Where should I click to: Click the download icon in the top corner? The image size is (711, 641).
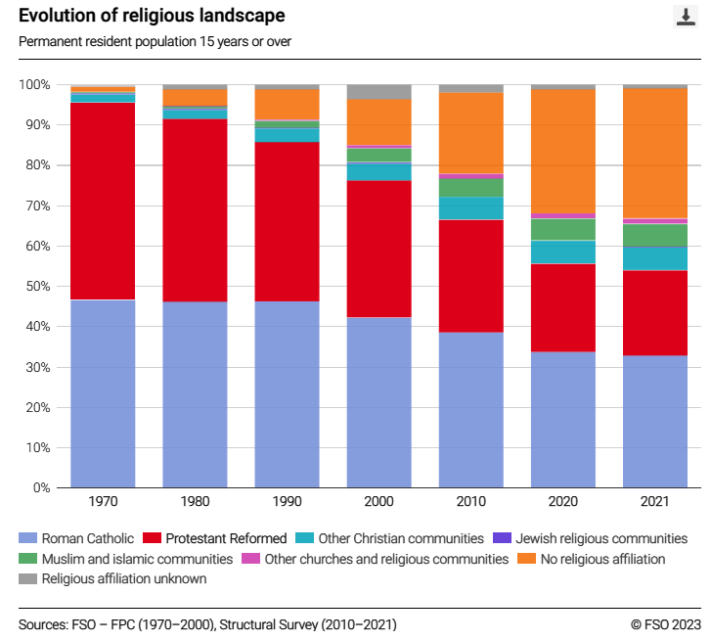click(x=685, y=17)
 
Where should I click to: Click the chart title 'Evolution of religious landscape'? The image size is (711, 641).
click(x=152, y=16)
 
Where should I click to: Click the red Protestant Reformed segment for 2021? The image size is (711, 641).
click(x=655, y=312)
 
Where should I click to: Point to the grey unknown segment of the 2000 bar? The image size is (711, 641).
click(x=379, y=92)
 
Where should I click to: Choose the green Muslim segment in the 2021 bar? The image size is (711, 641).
click(x=655, y=235)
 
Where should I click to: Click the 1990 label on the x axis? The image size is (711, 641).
click(x=287, y=501)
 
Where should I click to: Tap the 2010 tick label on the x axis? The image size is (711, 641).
click(x=471, y=501)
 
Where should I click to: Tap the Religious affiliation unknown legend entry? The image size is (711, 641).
click(x=116, y=578)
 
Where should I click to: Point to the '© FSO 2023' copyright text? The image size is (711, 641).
click(x=666, y=623)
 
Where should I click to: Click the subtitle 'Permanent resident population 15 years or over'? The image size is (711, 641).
click(x=155, y=41)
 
